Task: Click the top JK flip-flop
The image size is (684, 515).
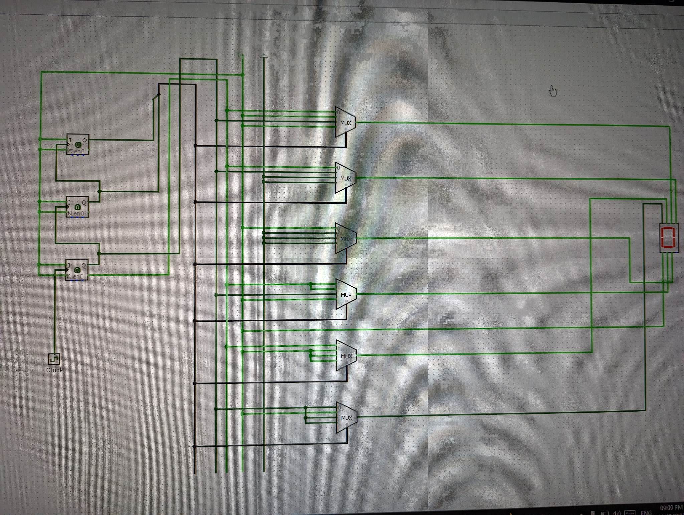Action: (77, 144)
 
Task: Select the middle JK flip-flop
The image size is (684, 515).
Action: (77, 207)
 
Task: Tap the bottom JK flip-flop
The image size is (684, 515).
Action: (77, 269)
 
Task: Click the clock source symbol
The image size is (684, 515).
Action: (54, 359)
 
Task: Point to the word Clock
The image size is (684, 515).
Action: (54, 370)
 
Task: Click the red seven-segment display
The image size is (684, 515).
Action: (669, 237)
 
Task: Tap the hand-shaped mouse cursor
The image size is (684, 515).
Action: (553, 91)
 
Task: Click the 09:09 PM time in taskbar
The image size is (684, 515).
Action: (671, 508)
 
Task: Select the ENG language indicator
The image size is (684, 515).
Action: (646, 512)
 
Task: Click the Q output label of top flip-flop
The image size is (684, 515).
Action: (84, 141)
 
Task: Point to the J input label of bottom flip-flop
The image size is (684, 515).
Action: (69, 266)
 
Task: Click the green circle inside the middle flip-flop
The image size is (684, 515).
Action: (77, 207)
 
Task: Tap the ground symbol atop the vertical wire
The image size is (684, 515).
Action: (264, 56)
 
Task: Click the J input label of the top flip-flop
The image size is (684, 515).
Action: (70, 140)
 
